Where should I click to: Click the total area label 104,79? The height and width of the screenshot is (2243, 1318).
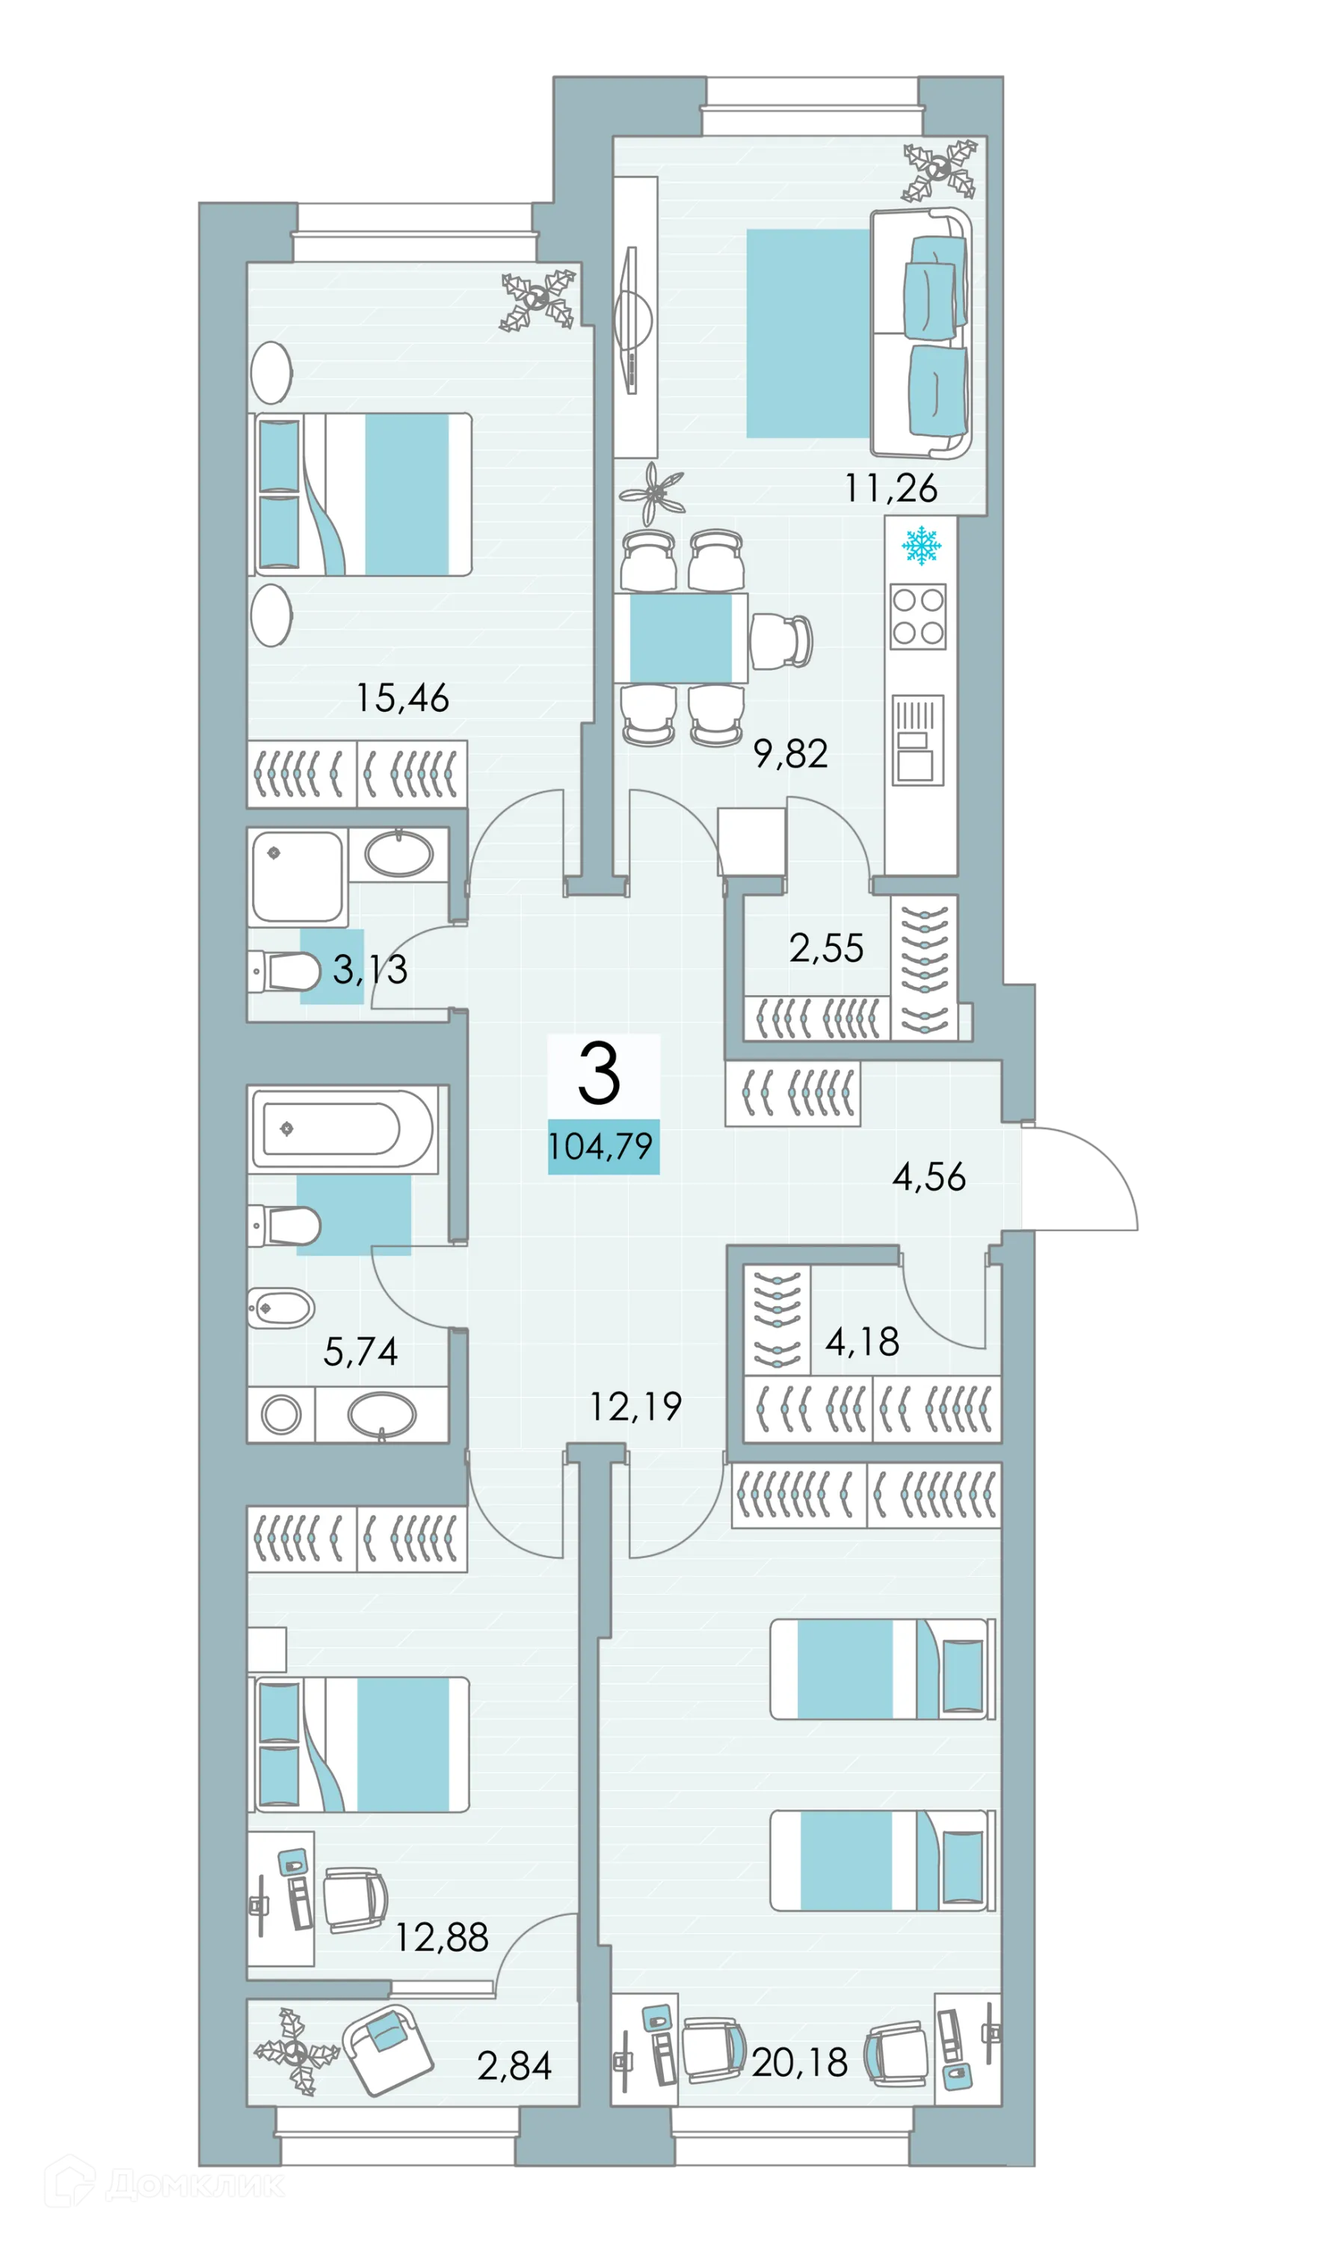(x=603, y=1146)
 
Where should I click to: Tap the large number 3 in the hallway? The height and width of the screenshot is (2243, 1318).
(x=599, y=1074)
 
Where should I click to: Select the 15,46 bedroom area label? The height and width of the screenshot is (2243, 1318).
(x=402, y=699)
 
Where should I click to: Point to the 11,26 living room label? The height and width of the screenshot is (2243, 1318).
(x=891, y=489)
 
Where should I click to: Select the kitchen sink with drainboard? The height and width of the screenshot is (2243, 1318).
(x=917, y=739)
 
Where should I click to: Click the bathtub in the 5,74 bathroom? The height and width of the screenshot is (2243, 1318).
(x=342, y=1129)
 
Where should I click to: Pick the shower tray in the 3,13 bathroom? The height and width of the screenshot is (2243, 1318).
(x=298, y=878)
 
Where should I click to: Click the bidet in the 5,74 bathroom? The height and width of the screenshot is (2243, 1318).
(x=280, y=1308)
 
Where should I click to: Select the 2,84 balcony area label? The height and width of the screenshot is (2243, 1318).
(x=514, y=2067)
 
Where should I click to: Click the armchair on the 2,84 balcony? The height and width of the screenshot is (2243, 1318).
(x=387, y=2051)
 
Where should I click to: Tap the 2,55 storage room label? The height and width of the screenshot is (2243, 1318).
(x=826, y=949)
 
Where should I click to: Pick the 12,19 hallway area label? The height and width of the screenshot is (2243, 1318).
(x=635, y=1407)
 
